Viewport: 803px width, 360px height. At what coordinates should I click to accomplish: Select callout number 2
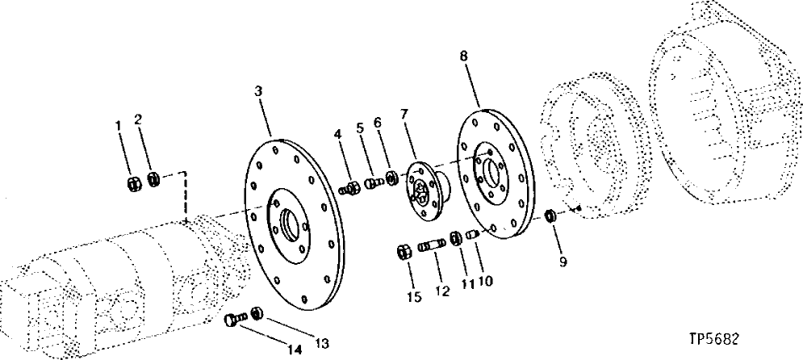138,119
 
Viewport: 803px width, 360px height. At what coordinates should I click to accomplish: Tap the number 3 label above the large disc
257,92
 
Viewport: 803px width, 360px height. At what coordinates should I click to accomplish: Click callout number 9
563,262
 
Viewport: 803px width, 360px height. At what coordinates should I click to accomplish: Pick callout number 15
415,298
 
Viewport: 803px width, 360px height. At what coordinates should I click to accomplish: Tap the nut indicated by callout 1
135,181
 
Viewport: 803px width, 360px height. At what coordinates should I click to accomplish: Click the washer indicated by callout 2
153,178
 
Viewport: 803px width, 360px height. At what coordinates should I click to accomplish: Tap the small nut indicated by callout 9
550,216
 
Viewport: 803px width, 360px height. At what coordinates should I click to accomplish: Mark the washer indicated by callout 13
257,312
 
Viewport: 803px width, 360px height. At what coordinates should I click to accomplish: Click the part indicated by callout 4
352,190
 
